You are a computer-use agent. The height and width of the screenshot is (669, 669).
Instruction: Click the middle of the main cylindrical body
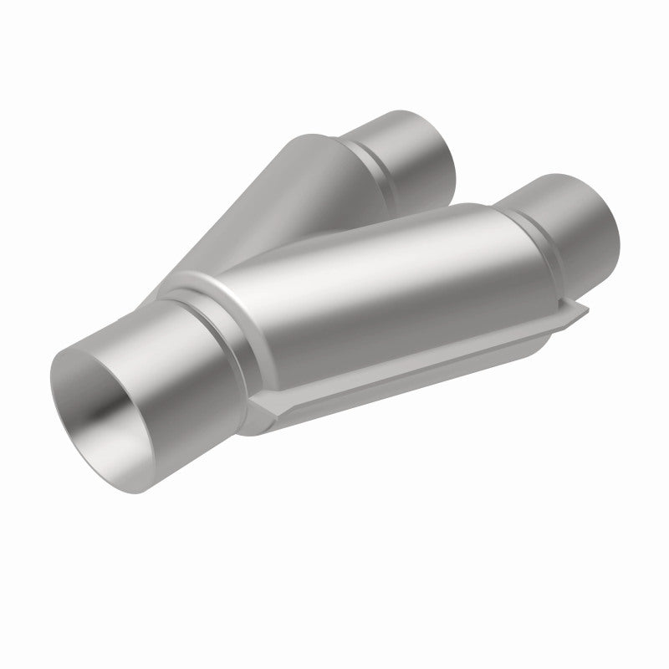(x=360, y=293)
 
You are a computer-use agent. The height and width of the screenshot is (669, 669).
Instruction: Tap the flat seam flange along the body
(x=418, y=360)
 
